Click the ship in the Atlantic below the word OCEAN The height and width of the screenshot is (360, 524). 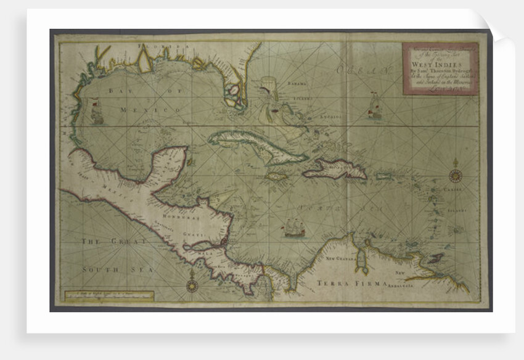click(374, 107)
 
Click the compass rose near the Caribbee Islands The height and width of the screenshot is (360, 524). click(456, 175)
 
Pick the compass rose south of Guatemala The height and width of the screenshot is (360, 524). click(192, 285)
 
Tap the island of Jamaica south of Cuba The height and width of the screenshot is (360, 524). click(276, 176)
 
